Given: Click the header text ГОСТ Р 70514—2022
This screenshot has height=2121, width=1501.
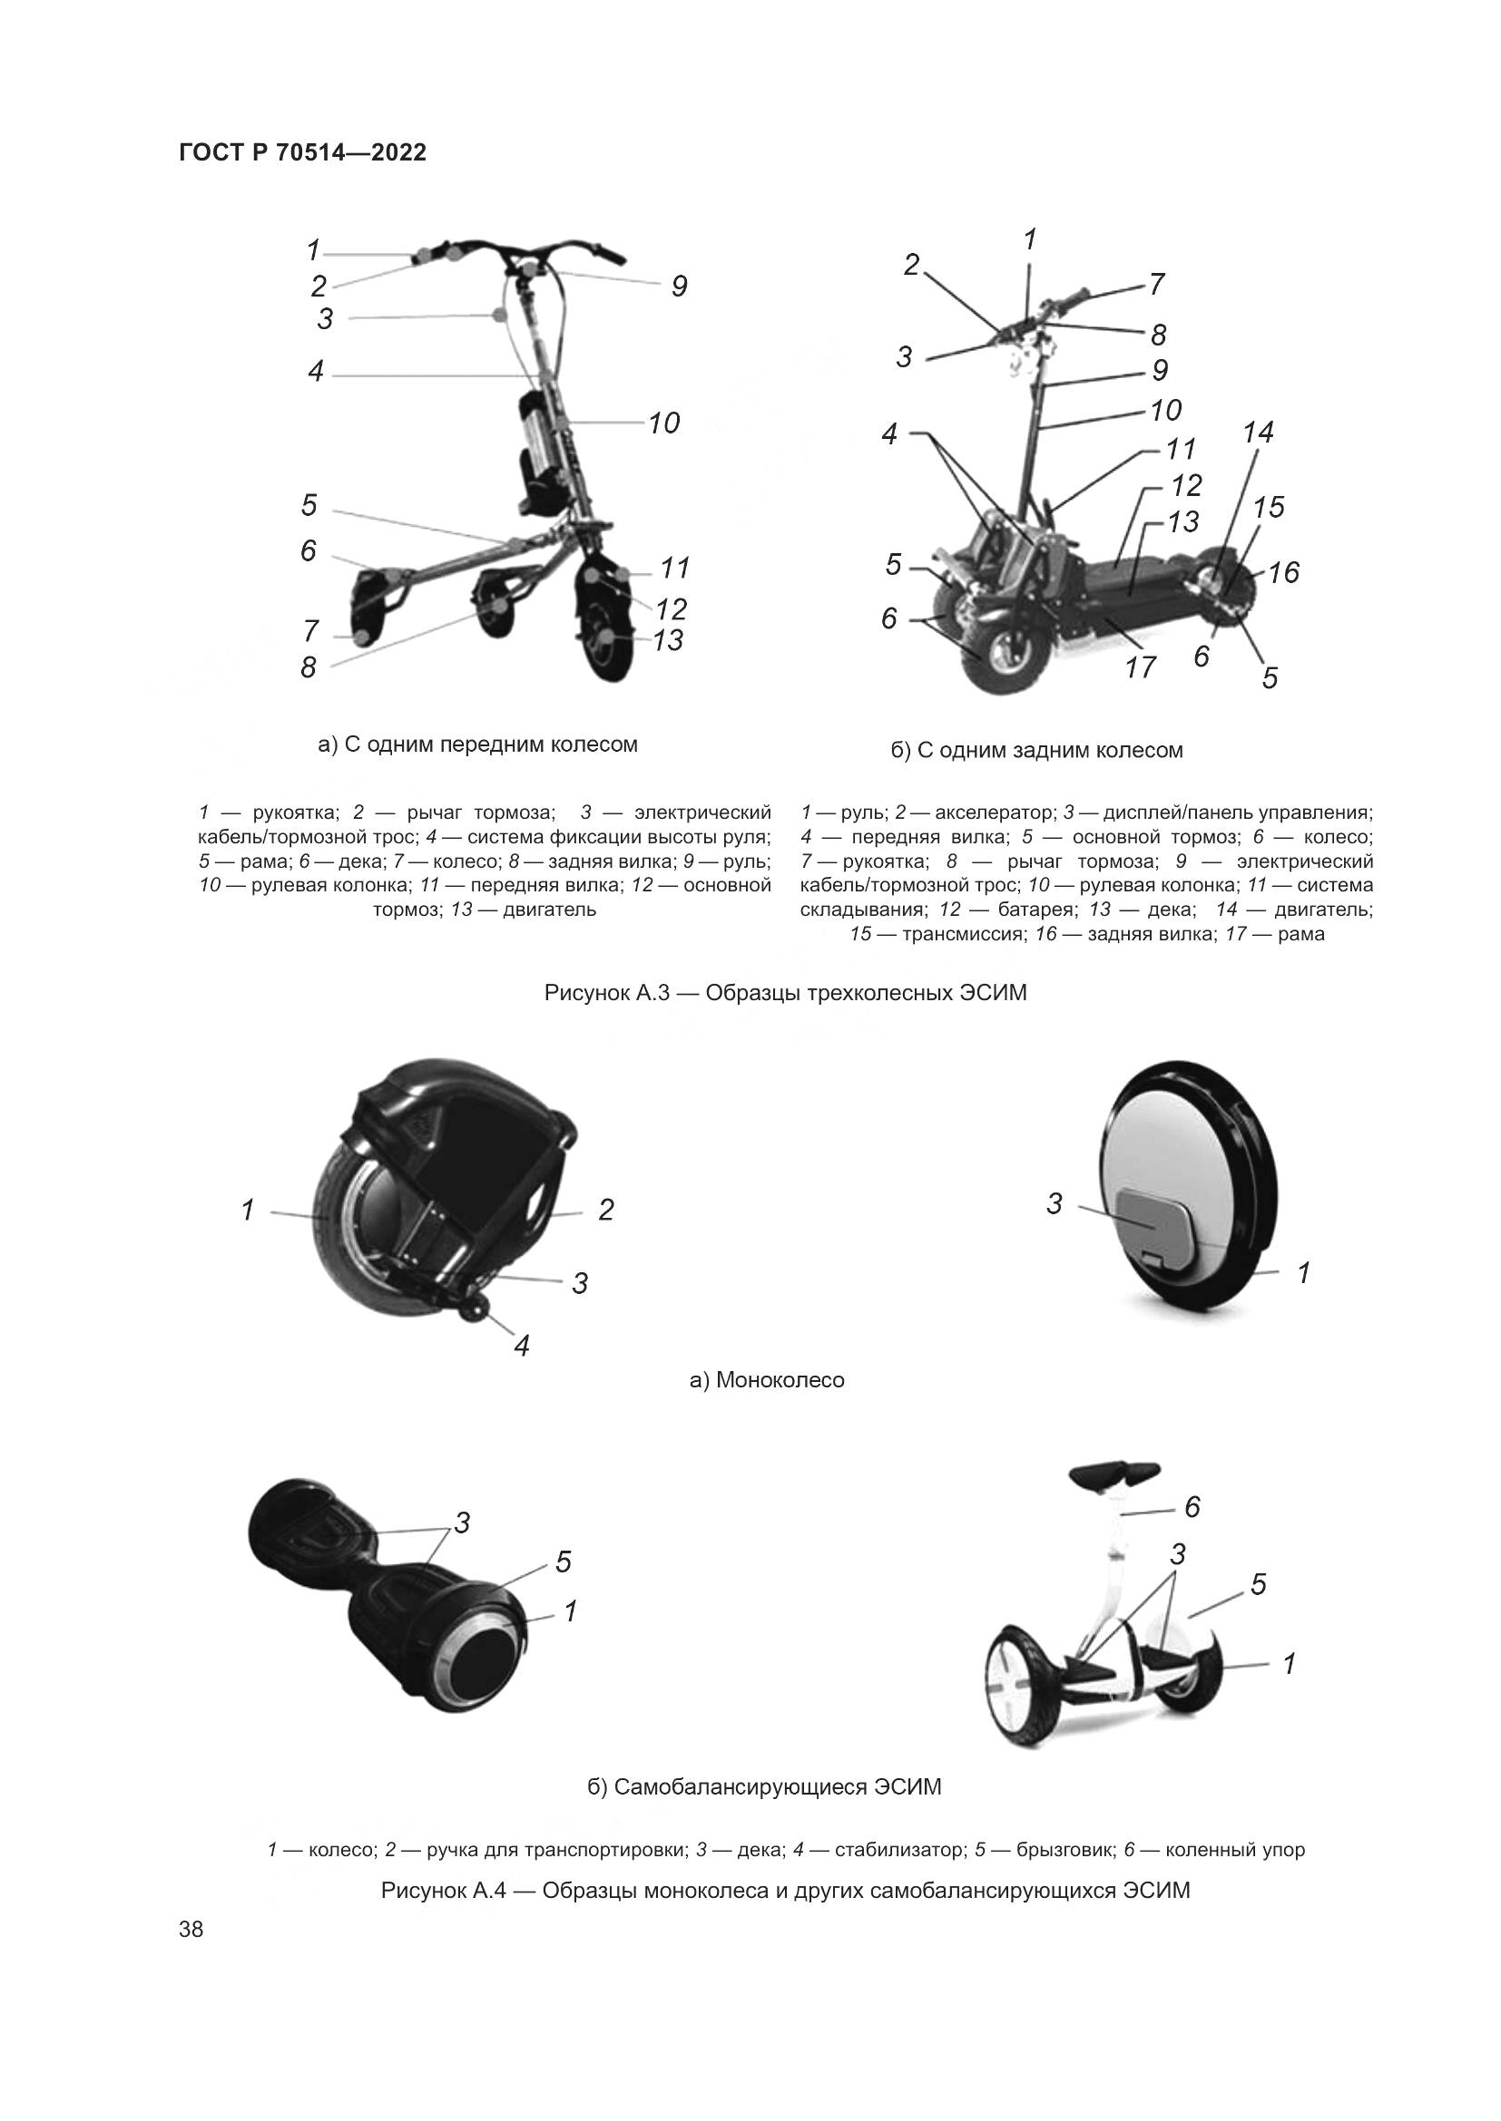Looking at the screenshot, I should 302,152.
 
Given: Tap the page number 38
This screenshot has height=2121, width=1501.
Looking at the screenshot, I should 191,1929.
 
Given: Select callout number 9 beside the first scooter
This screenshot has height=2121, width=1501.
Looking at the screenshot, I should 680,287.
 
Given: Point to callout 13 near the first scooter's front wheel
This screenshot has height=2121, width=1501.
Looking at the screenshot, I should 667,639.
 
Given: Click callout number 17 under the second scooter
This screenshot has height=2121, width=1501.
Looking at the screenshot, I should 1141,667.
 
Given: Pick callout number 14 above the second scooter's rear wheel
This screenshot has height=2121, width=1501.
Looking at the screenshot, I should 1258,433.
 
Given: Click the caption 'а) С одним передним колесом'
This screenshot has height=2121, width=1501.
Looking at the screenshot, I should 478,744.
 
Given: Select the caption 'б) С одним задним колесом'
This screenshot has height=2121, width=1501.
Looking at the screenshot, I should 1037,750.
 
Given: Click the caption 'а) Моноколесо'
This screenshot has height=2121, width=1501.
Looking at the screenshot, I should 767,1380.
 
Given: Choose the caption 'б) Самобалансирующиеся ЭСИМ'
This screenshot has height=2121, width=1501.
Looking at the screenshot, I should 764,1786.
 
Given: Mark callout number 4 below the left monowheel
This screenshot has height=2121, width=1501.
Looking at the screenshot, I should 522,1346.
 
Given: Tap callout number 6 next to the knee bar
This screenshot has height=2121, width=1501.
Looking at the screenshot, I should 1192,1508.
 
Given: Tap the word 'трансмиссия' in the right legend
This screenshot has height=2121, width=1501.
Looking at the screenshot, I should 964,934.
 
